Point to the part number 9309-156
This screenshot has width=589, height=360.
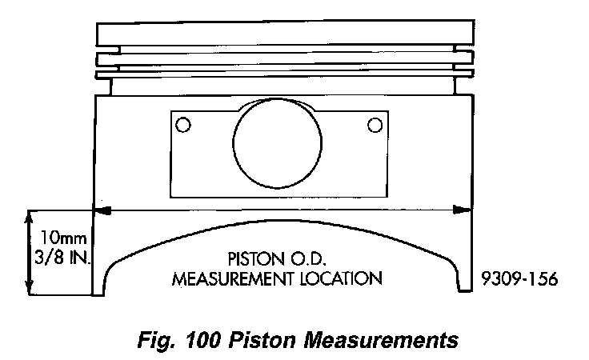coord(519,279)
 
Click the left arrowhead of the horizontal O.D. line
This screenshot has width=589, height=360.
coord(101,210)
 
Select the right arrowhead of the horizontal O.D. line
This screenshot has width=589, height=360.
coord(463,210)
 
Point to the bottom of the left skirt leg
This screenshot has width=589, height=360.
coord(102,290)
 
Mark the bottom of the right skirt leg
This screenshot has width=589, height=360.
coord(463,290)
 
